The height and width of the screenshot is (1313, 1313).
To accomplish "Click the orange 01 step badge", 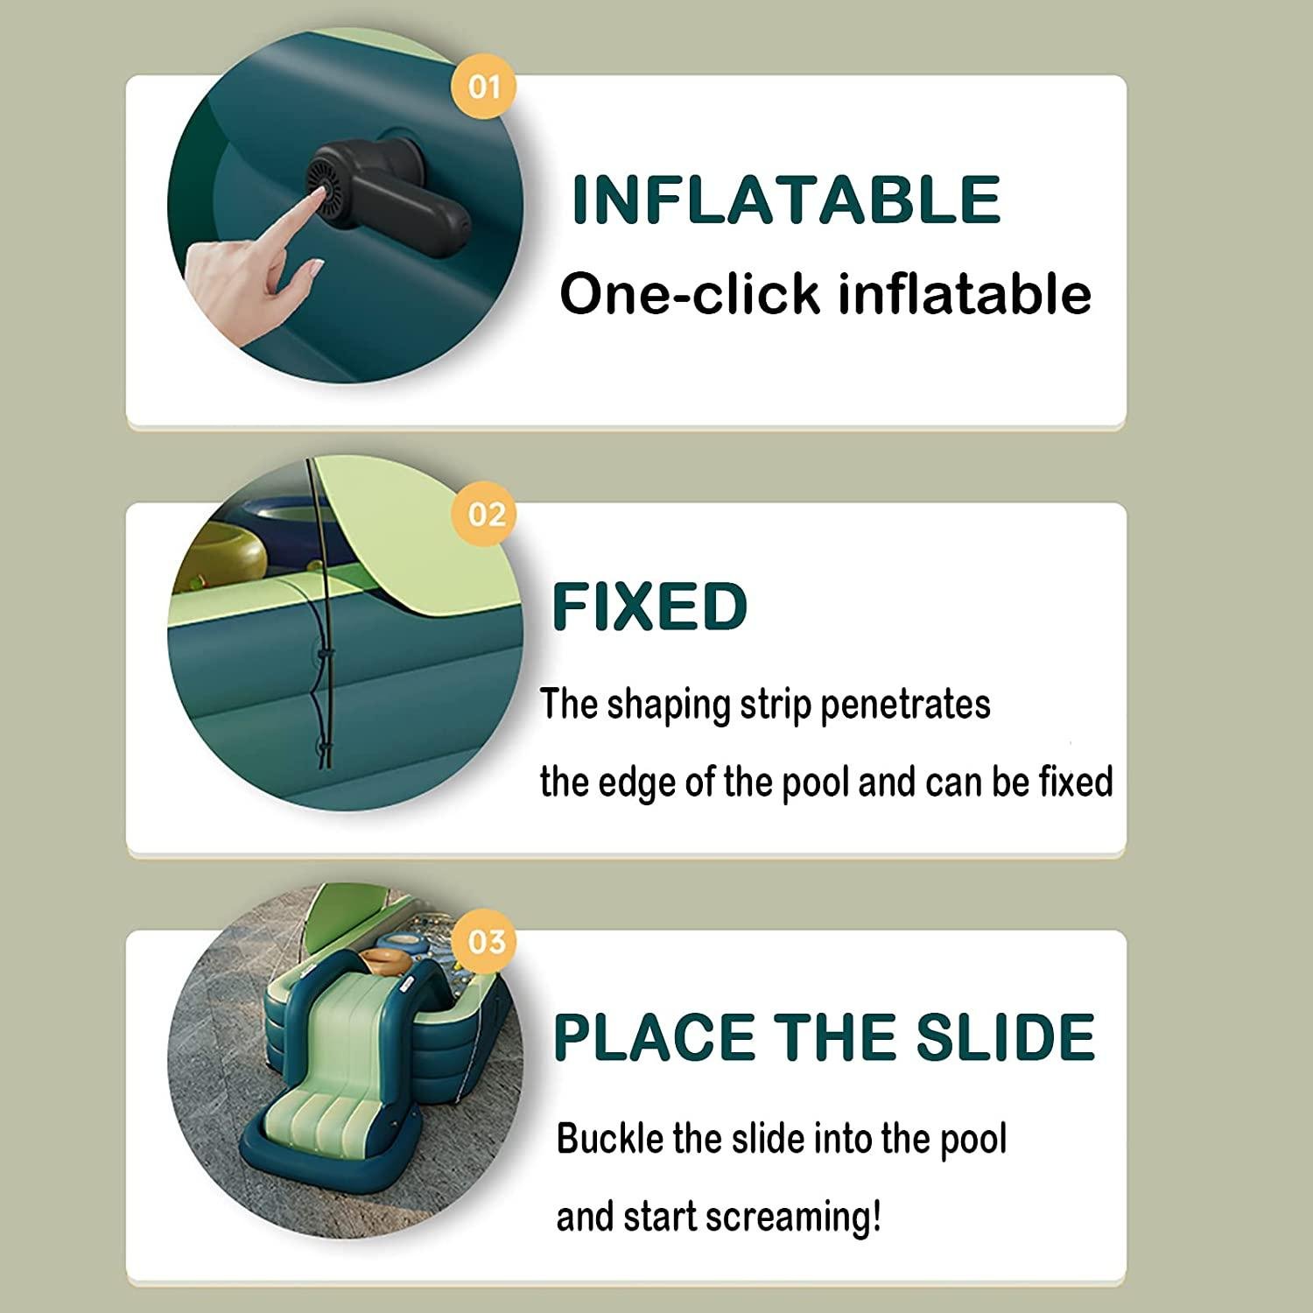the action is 484,88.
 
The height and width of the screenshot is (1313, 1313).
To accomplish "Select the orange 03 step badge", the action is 486,942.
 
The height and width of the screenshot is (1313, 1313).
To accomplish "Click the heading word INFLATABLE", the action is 786,200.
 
